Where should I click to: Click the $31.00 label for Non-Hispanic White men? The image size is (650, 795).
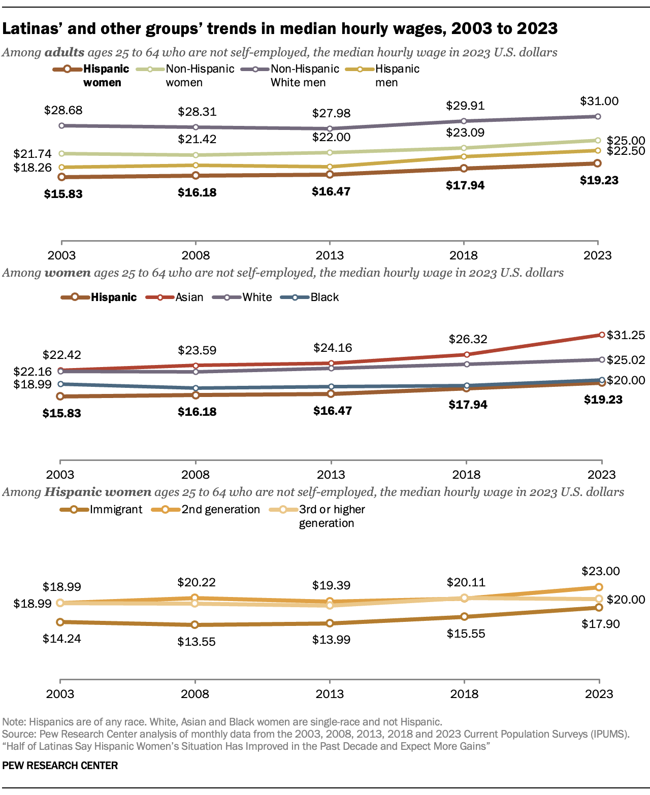coord(599,101)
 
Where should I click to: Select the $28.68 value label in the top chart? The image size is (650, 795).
coord(63,110)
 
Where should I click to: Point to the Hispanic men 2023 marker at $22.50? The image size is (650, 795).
coord(598,150)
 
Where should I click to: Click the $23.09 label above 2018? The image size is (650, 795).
coord(465,132)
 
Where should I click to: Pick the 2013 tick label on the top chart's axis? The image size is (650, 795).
coord(330,255)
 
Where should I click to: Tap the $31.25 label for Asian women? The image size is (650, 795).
coord(626,335)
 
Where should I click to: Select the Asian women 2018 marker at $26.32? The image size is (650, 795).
coord(466,354)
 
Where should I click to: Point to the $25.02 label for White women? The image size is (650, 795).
coord(626,360)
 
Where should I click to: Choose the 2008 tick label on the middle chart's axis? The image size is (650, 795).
coord(196,475)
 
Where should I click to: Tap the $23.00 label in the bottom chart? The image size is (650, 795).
coord(600,571)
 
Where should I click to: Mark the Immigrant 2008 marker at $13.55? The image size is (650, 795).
coord(194,624)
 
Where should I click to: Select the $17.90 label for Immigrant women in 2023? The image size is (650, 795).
coord(600,624)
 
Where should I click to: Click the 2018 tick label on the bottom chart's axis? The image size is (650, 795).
coord(464,694)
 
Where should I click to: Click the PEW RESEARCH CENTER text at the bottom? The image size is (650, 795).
coord(60,766)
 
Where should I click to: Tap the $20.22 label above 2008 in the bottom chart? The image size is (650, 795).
coord(196,582)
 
